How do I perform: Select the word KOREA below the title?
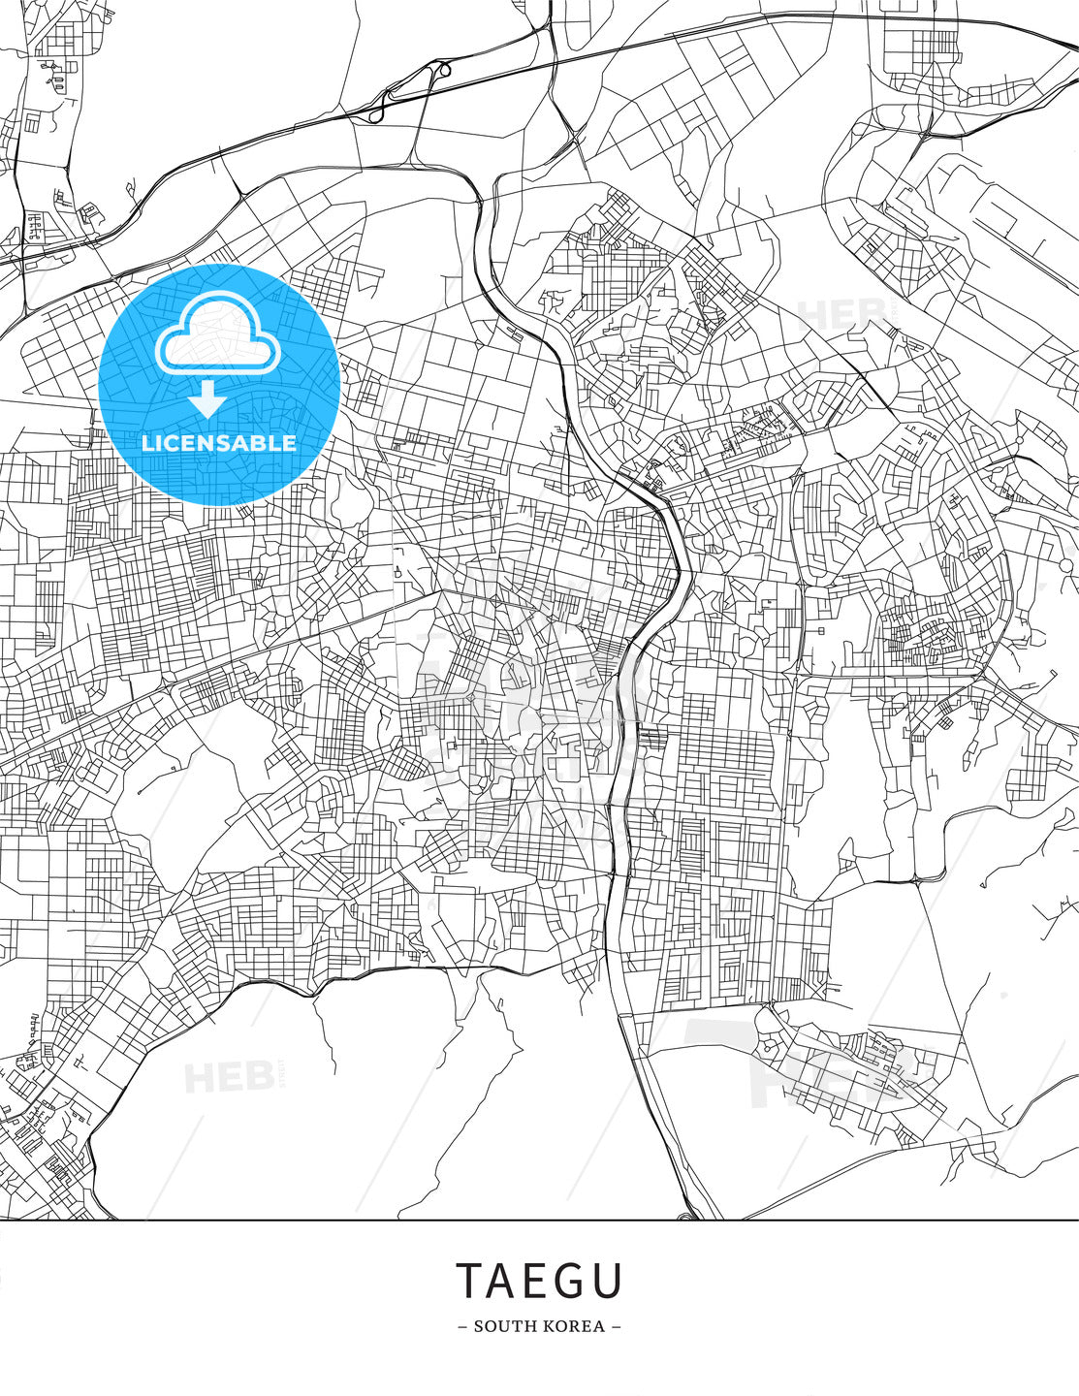pos(572,1326)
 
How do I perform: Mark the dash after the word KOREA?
pos(616,1326)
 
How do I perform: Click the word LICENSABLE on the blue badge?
pos(219,443)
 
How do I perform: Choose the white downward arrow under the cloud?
pos(206,397)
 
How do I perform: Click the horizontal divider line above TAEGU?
pos(539,1220)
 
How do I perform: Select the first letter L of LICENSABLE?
pos(147,443)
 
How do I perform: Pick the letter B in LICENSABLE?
pos(261,443)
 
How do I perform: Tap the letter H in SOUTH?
pos(524,1326)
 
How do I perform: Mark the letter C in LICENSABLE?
pos(173,443)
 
